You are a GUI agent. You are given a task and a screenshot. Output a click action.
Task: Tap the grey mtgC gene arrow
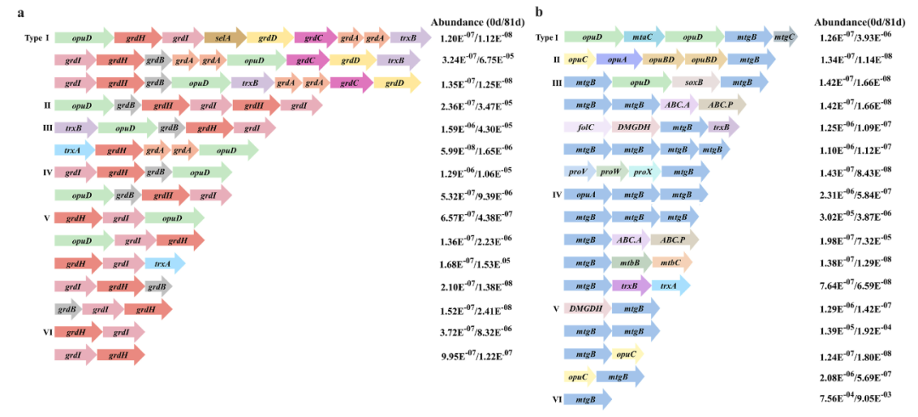[785, 37]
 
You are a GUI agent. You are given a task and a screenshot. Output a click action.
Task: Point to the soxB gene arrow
[695, 82]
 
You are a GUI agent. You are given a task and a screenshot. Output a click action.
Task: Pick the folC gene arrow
[586, 127]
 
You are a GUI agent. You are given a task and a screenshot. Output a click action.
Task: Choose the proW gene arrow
[609, 172]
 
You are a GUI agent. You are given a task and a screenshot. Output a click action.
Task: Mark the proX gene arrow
[641, 172]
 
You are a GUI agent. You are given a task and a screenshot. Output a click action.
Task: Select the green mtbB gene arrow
[630, 262]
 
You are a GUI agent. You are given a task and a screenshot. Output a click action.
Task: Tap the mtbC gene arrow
[671, 262]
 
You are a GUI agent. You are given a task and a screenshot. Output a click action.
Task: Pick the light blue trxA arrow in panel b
[670, 285]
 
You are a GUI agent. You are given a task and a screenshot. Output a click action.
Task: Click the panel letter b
[539, 11]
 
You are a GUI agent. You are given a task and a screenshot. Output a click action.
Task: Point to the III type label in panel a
[48, 127]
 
